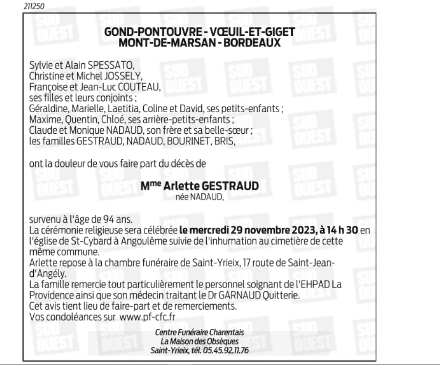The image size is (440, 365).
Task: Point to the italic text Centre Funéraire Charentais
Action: [199, 333]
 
